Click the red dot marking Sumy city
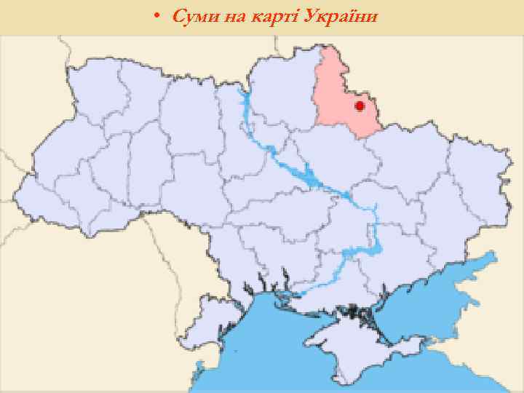click(359, 106)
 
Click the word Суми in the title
click(191, 16)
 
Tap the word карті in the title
click(277, 16)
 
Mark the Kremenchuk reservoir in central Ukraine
click(309, 175)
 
